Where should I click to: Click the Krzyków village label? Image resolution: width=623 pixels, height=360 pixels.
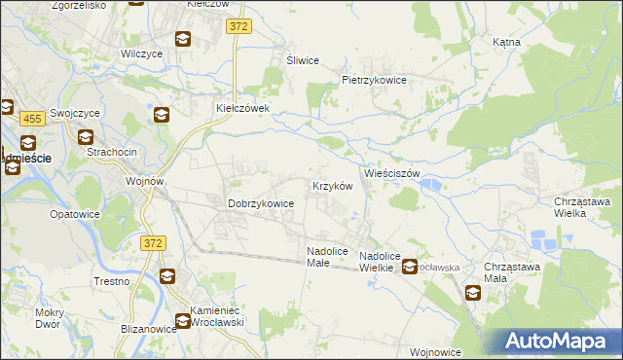[331, 185]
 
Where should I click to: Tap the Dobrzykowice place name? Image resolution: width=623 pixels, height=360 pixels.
[261, 203]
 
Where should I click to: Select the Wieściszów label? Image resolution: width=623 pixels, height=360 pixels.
[391, 173]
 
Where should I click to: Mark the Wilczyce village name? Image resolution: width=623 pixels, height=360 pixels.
[139, 54]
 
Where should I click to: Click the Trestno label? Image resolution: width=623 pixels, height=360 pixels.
[111, 281]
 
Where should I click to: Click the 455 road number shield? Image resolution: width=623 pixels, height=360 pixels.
[32, 119]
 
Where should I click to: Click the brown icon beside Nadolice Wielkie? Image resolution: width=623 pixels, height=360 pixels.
[411, 266]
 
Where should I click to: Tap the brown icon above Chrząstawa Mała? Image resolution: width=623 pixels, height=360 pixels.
[473, 292]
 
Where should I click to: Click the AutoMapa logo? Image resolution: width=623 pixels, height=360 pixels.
[556, 341]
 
